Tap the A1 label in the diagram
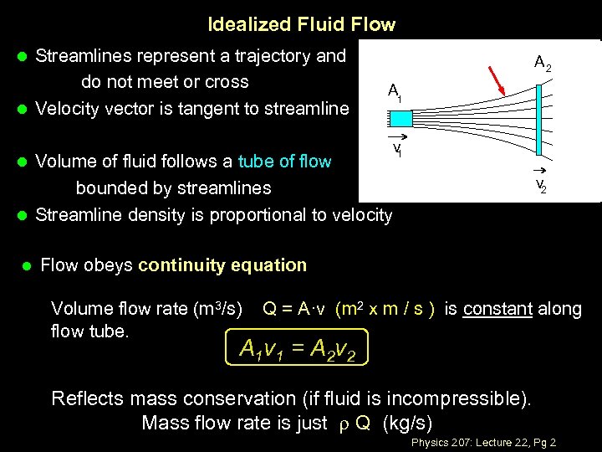coord(394,91)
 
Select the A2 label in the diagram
coord(543,62)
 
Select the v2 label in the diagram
coord(542,185)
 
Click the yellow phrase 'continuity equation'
coord(222,265)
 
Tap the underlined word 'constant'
coord(497,308)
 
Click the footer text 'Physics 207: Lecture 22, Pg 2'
coord(484,442)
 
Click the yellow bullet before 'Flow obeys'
coord(26,266)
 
